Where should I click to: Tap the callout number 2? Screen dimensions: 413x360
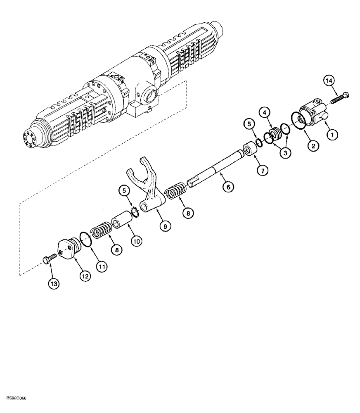(x=313, y=145)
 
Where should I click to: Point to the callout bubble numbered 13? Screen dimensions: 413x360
(x=54, y=284)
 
